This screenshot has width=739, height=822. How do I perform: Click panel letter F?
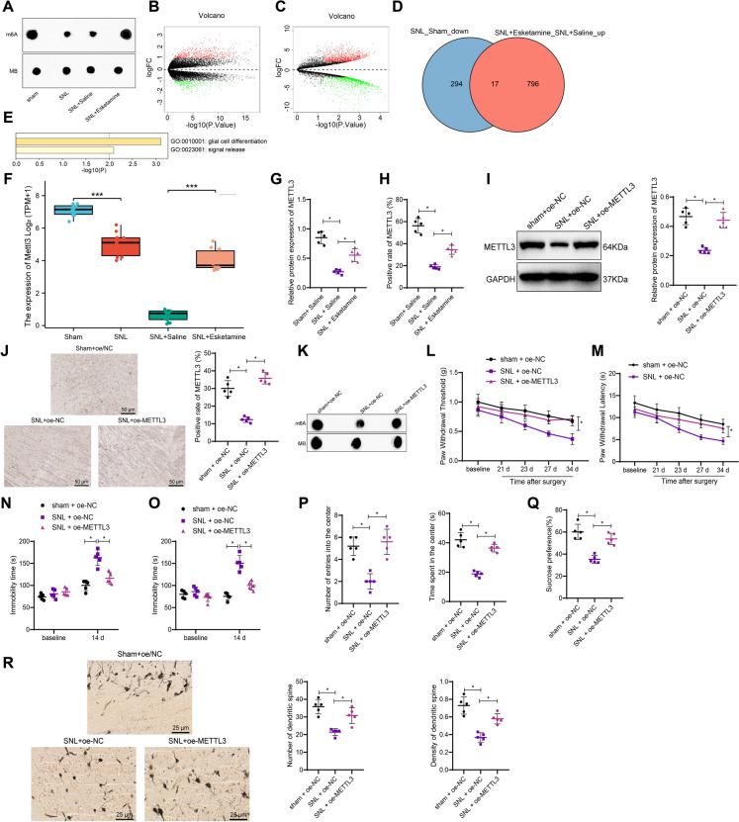click(9, 180)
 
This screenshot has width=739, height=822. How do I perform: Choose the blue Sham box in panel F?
click(72, 210)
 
